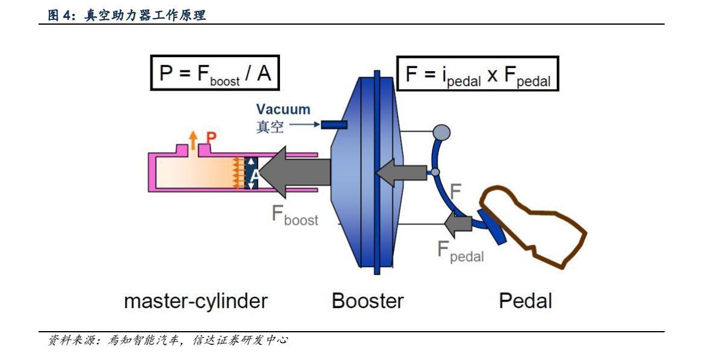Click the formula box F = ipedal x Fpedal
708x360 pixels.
(477, 73)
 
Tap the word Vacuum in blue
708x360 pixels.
(283, 110)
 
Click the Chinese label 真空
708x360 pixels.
(270, 127)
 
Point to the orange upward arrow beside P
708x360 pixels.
(193, 140)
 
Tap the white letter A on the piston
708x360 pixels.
(254, 175)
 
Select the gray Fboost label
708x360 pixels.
(295, 217)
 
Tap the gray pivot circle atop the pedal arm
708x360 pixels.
(442, 132)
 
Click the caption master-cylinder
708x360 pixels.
(196, 300)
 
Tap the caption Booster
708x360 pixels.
(368, 300)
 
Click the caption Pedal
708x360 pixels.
(525, 300)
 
